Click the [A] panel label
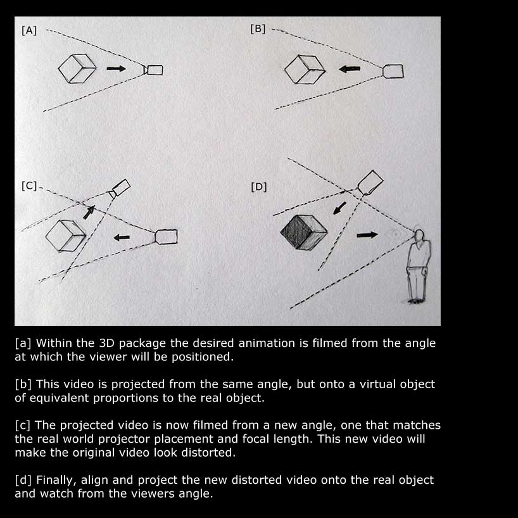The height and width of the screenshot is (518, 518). click(29, 30)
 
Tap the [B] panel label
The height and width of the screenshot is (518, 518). click(258, 28)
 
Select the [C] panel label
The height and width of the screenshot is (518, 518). click(29, 186)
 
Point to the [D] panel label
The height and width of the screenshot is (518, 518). click(258, 186)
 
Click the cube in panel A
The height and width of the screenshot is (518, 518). click(77, 68)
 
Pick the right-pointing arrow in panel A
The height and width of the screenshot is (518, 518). click(116, 68)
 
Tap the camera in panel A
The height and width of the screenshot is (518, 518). click(154, 70)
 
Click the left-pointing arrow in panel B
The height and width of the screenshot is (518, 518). click(349, 69)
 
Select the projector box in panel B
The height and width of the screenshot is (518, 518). click(393, 70)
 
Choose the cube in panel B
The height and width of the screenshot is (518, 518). click(304, 69)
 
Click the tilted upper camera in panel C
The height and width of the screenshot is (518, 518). click(120, 187)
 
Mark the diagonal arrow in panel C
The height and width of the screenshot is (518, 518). click(89, 212)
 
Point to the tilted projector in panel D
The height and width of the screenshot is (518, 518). click(370, 182)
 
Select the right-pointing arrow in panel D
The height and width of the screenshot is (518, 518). click(367, 234)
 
